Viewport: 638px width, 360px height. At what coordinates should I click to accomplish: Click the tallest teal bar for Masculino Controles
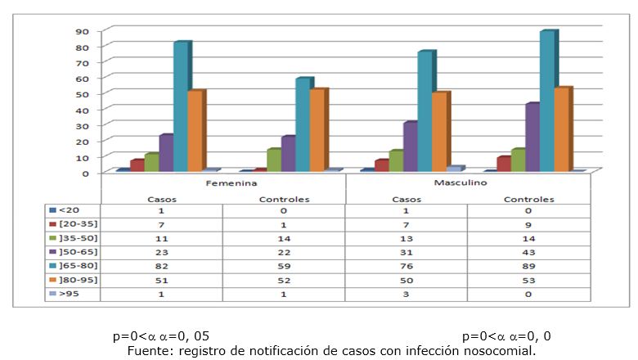(547, 101)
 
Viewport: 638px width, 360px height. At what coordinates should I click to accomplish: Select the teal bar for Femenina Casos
(181, 106)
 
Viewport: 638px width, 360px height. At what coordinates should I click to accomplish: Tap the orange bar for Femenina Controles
(317, 130)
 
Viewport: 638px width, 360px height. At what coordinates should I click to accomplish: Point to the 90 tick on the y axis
(83, 31)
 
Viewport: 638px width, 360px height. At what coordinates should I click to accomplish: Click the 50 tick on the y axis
(83, 94)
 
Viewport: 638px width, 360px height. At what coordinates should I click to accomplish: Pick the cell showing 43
(528, 253)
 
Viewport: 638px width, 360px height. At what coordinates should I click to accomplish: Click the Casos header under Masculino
(406, 199)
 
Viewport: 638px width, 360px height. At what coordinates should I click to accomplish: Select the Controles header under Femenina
(284, 199)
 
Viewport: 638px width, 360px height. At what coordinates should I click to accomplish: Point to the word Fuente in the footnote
(145, 351)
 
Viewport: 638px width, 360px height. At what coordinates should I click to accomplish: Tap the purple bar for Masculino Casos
(410, 146)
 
